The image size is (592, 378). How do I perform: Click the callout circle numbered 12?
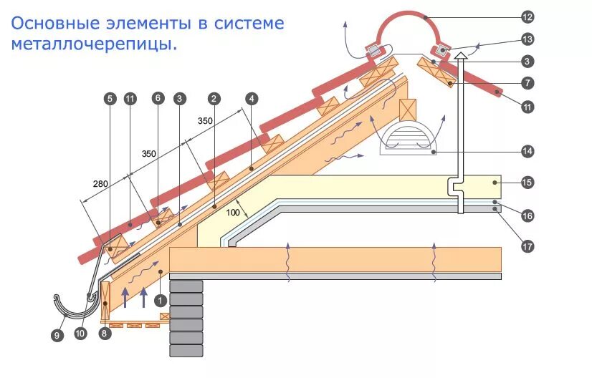[527, 16]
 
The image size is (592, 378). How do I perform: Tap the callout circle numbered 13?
[527, 39]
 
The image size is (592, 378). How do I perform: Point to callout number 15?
[527, 183]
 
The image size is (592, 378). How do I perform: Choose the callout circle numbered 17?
[527, 246]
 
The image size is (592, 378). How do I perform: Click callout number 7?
[527, 83]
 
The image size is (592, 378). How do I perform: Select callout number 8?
[106, 332]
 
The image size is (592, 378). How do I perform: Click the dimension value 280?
[101, 184]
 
